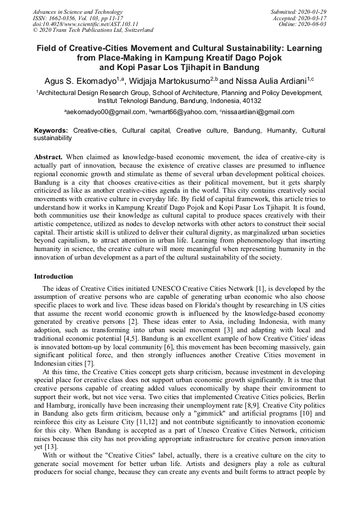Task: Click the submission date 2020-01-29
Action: point(311,12)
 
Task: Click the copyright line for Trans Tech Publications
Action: point(93,30)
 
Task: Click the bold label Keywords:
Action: point(51,130)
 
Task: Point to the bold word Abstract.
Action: point(48,158)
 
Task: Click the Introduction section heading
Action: point(54,277)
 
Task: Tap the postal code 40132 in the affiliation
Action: point(251,100)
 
